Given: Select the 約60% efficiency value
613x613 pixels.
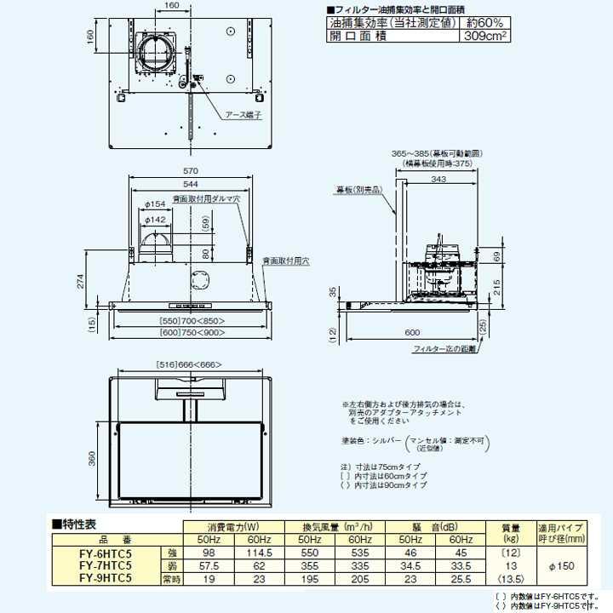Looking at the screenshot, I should [x=483, y=23].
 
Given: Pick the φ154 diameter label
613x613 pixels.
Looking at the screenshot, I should [x=154, y=205].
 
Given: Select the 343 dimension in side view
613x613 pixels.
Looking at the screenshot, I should [x=439, y=180].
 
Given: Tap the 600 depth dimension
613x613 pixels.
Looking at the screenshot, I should [x=412, y=332].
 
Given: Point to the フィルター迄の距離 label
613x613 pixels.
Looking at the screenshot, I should [x=444, y=350].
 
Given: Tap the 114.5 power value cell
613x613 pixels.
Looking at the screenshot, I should [x=257, y=553].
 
